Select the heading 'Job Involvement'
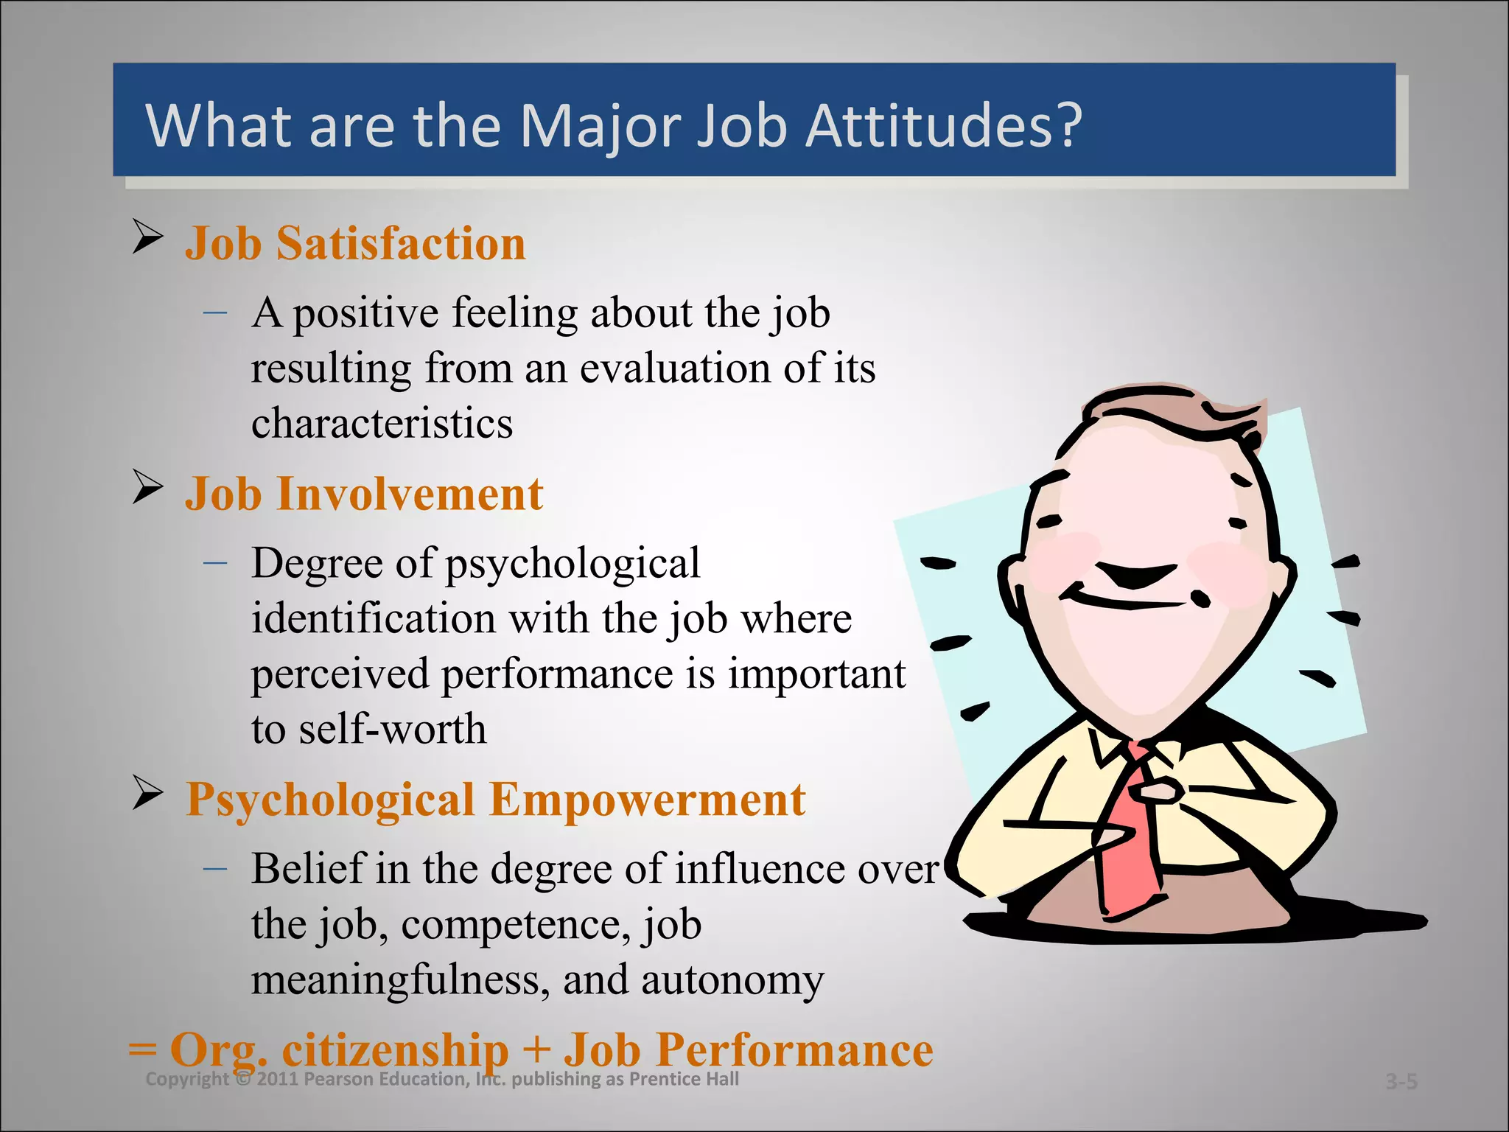tap(364, 494)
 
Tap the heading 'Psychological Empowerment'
tap(495, 800)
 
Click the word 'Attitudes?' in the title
tap(943, 125)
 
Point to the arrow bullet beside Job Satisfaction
tap(147, 237)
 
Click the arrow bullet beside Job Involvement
tap(147, 487)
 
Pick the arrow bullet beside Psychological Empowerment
tap(147, 793)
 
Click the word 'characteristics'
tap(382, 423)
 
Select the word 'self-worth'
tap(392, 729)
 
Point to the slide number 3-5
tap(1401, 1081)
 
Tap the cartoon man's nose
tap(1135, 575)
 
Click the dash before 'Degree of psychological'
tap(215, 563)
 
